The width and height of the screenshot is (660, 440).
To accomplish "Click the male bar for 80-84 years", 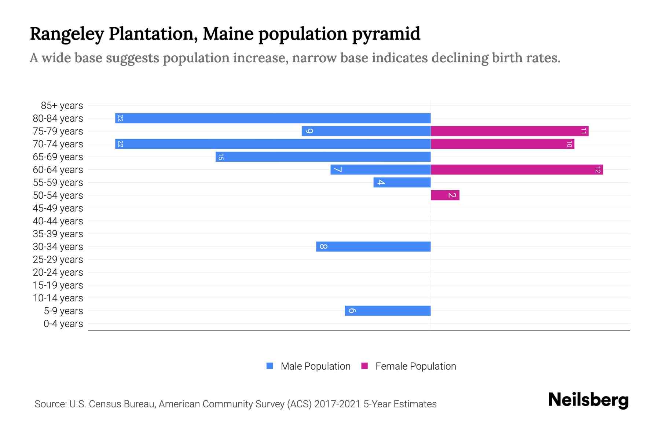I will pos(273,118).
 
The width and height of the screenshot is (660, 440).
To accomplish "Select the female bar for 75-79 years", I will pos(510,131).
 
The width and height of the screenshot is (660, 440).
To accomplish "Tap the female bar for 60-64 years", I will pos(517,169).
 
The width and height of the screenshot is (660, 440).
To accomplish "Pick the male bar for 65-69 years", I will pos(323,157).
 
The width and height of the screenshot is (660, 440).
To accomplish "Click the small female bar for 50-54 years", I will pos(445,195).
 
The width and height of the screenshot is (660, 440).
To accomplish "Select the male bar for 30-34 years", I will pos(373,246).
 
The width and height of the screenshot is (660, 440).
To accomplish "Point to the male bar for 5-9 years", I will pos(388,311).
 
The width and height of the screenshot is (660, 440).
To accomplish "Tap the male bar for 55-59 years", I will pos(402,182).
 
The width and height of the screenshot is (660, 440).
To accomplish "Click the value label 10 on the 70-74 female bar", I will pos(569,144).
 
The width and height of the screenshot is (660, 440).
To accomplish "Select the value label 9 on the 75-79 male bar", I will pos(309,131).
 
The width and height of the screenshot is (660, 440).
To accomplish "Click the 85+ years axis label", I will pos(62,106).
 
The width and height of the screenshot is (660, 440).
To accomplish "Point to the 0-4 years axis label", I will pos(63,324).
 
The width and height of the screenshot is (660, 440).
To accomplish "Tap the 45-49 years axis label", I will pos(58,208).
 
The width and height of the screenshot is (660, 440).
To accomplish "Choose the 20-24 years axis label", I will pos(58,272).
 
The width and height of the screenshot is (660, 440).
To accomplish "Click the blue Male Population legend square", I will pos(270,366).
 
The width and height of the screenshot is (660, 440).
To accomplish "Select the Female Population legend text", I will pos(415,366).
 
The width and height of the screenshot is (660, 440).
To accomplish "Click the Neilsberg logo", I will pos(588,400).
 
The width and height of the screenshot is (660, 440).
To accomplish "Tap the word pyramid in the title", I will pos(386,34).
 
